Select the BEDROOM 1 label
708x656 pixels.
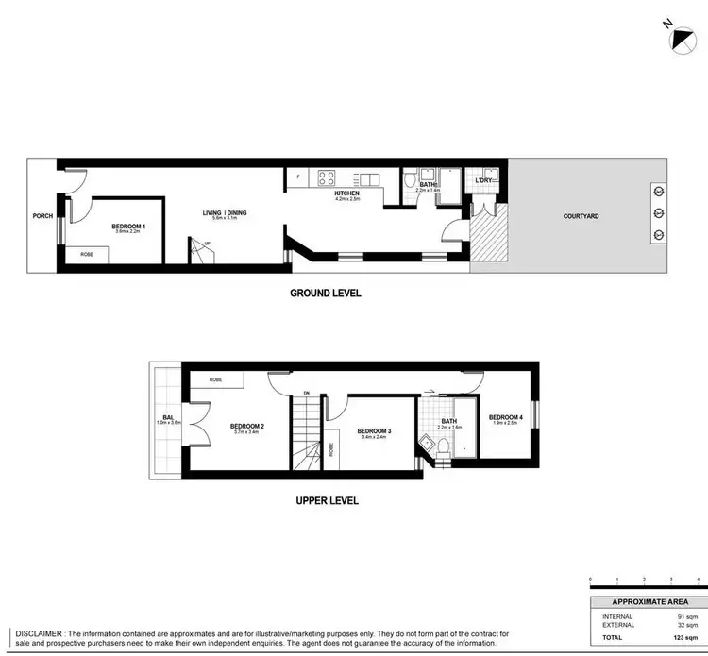coord(126,227)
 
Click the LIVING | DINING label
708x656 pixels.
coord(224,213)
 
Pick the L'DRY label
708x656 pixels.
coord(484,180)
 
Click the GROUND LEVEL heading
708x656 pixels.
coord(325,294)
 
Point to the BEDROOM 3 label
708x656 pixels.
coord(375,430)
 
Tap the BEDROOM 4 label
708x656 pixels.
coord(505,417)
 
